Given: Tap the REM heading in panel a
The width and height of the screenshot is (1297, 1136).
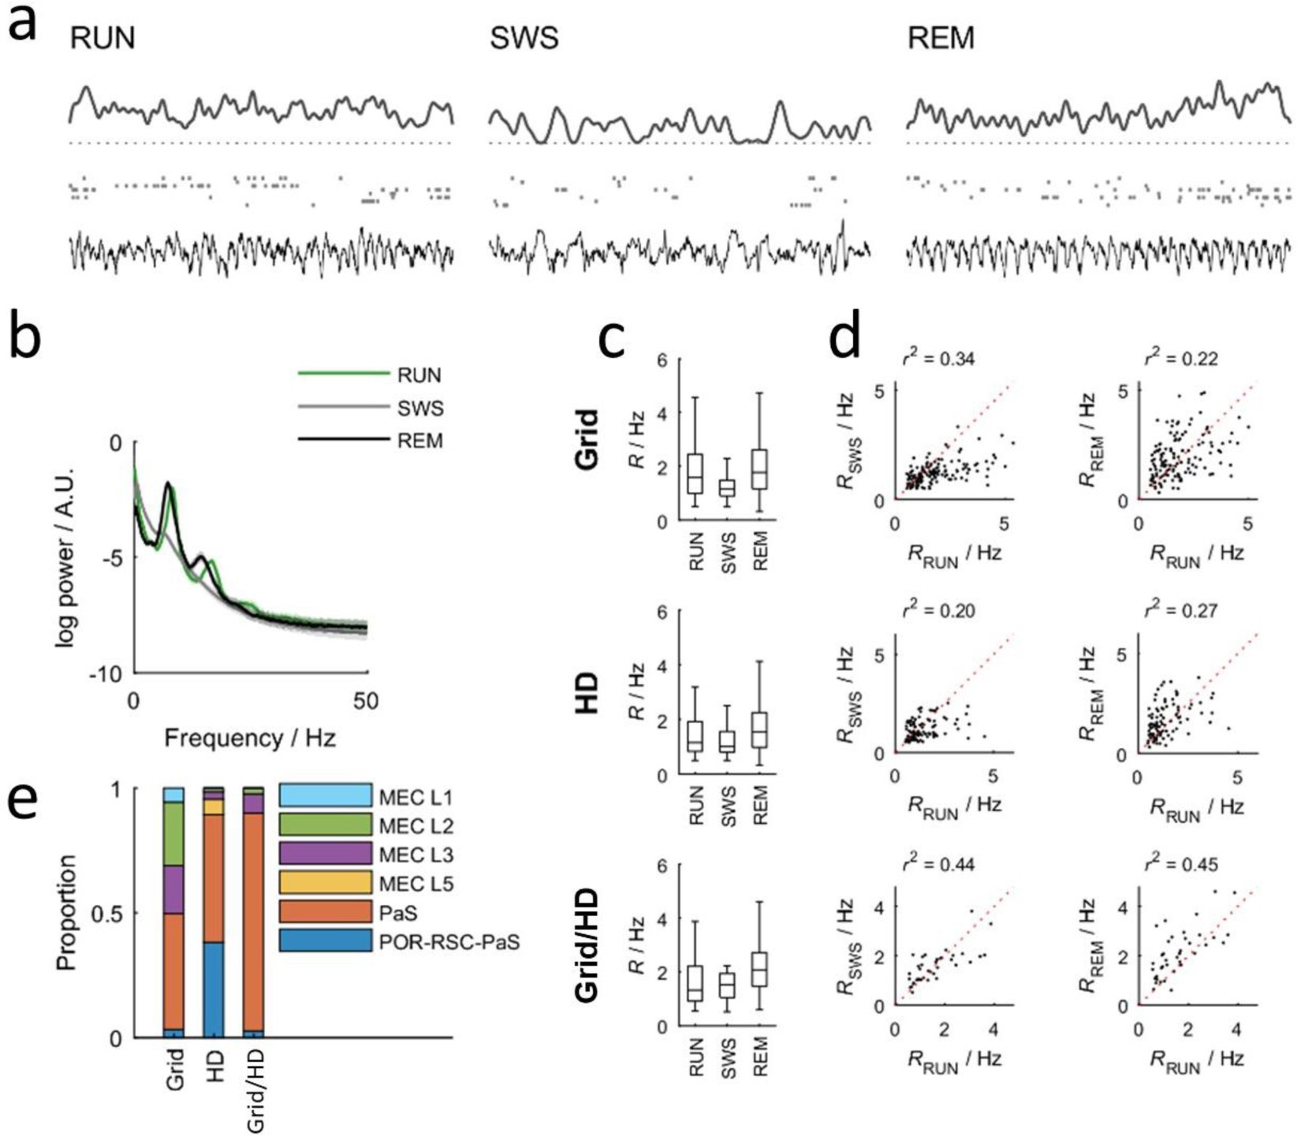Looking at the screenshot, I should click(x=941, y=38).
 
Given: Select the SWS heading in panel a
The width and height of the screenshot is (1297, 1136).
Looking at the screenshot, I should click(x=524, y=38).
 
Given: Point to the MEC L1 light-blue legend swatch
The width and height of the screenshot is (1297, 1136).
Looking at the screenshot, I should click(x=325, y=795).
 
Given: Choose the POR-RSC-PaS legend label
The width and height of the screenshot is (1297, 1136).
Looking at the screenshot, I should click(x=449, y=941).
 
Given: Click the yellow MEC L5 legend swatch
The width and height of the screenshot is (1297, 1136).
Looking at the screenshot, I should click(x=325, y=882).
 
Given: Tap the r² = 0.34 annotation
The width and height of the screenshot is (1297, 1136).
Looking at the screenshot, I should click(x=938, y=359).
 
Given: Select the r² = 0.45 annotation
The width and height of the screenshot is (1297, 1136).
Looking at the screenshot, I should click(x=1181, y=864).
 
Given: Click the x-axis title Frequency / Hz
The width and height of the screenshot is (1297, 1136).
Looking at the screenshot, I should click(x=250, y=739).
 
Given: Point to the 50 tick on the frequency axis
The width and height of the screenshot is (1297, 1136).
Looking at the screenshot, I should click(x=366, y=700).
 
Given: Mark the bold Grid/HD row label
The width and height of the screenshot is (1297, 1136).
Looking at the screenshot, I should click(x=588, y=945).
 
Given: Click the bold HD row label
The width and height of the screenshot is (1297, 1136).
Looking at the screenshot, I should click(x=588, y=694).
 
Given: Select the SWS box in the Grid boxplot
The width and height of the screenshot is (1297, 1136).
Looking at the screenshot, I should click(x=727, y=488).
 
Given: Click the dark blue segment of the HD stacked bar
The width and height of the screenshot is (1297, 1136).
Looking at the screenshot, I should click(x=214, y=989).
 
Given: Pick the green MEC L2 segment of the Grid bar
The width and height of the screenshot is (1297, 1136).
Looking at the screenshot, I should click(x=173, y=834).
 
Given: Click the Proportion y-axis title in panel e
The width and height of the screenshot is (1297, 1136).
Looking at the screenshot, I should click(x=68, y=912).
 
